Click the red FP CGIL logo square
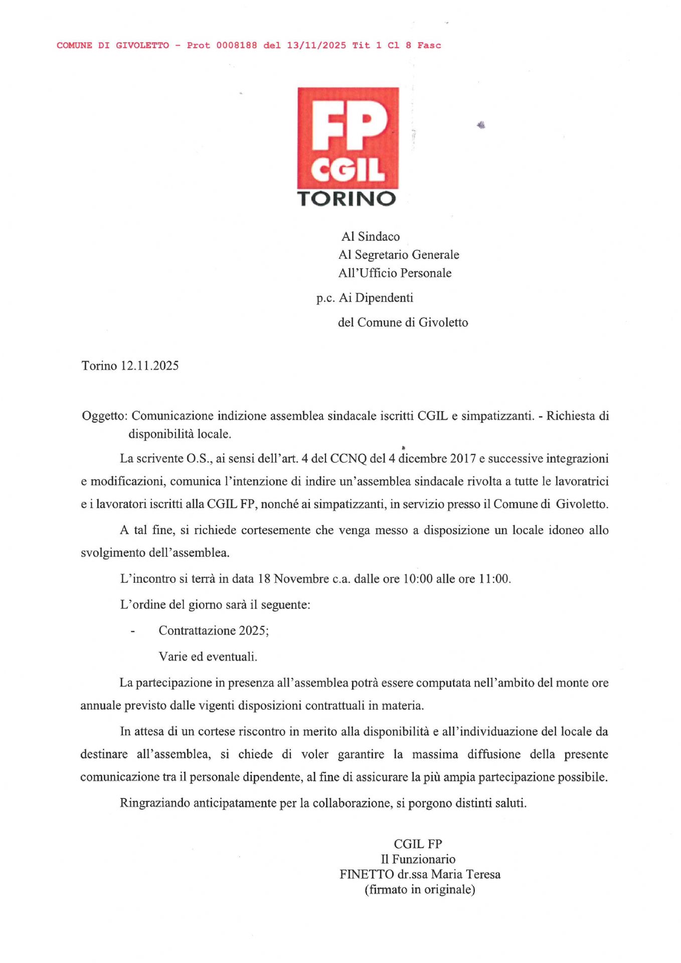[x=348, y=137]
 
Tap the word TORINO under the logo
[x=347, y=199]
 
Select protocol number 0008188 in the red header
[x=237, y=46]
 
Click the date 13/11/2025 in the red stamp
[x=316, y=46]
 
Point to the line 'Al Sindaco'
[x=371, y=237]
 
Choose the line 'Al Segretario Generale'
[x=399, y=255]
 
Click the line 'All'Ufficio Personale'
[x=395, y=273]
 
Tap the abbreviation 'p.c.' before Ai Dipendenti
[x=325, y=298]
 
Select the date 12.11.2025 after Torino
[x=149, y=366]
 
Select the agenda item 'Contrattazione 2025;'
[x=214, y=630]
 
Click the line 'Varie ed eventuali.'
[x=208, y=657]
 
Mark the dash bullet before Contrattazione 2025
[x=133, y=631]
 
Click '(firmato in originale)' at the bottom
[x=420, y=889]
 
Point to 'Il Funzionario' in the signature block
[x=418, y=859]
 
